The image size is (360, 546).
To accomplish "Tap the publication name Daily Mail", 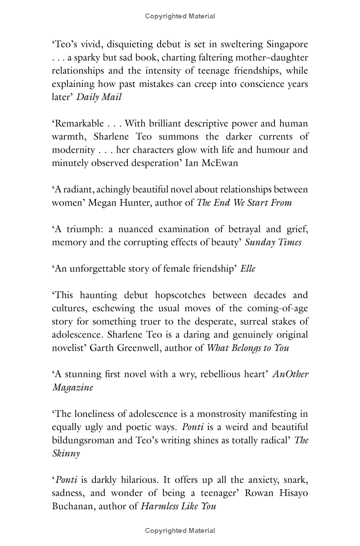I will click(x=99, y=97).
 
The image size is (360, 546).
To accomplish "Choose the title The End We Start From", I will click(x=244, y=203).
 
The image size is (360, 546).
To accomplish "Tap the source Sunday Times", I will click(x=273, y=242).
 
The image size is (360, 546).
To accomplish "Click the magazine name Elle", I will click(x=248, y=269).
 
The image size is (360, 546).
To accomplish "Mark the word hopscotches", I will click(x=181, y=295).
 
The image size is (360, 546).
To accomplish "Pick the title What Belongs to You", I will click(x=248, y=348).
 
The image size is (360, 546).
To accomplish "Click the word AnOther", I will click(x=291, y=375).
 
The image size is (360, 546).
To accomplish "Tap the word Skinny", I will click(x=66, y=453).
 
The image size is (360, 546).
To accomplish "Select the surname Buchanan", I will click(x=72, y=506).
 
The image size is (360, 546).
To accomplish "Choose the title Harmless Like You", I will click(x=179, y=506).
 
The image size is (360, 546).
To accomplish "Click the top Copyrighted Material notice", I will click(x=180, y=16).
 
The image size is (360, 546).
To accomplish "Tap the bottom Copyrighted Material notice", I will click(x=180, y=531).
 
